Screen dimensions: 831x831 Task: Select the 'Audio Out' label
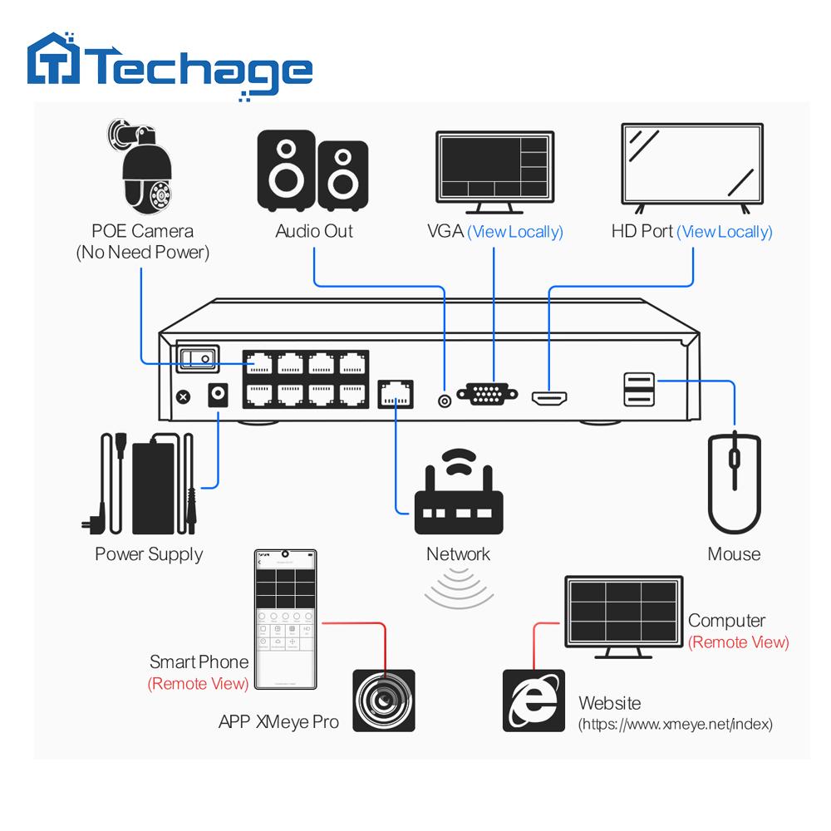click(314, 231)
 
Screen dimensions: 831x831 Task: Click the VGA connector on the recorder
click(488, 393)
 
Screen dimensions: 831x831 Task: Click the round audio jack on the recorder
click(445, 401)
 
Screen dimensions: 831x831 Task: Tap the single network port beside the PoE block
click(396, 393)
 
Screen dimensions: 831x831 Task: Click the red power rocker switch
click(196, 358)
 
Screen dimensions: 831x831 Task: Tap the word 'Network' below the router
click(458, 553)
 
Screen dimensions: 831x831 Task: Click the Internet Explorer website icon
click(533, 700)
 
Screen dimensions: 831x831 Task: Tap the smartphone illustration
click(285, 619)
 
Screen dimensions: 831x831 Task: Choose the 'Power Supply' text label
click(149, 554)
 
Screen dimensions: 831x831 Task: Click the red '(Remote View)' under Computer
click(738, 642)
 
